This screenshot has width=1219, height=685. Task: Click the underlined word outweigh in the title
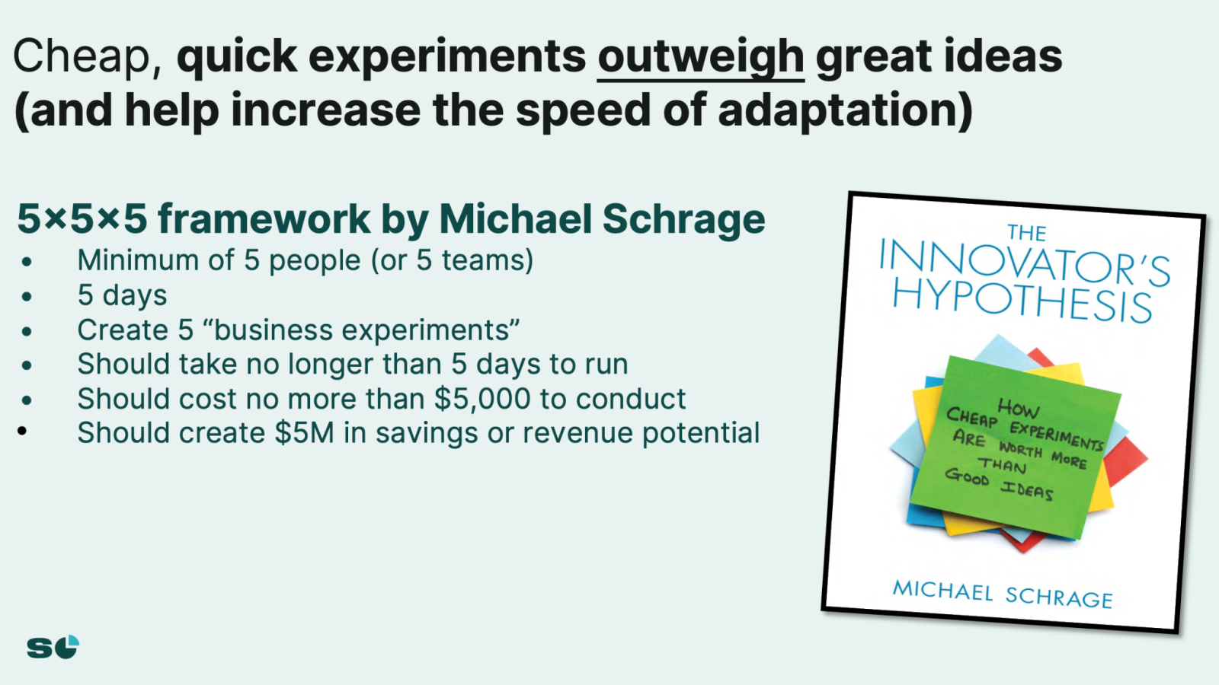point(700,58)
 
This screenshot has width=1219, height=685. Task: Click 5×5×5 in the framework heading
point(82,218)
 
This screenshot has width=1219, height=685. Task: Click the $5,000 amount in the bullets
point(482,399)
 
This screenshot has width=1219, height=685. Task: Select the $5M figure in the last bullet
point(304,433)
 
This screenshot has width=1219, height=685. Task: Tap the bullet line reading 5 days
point(122,295)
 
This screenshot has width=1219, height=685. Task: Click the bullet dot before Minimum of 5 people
point(27,262)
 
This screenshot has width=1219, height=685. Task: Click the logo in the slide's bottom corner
point(53,647)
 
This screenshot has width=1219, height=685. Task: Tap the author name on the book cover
point(1003,594)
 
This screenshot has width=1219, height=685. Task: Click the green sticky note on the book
point(1015,446)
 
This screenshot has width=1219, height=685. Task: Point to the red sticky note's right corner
point(1147,460)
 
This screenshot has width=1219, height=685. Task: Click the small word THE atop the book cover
point(1026,233)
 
